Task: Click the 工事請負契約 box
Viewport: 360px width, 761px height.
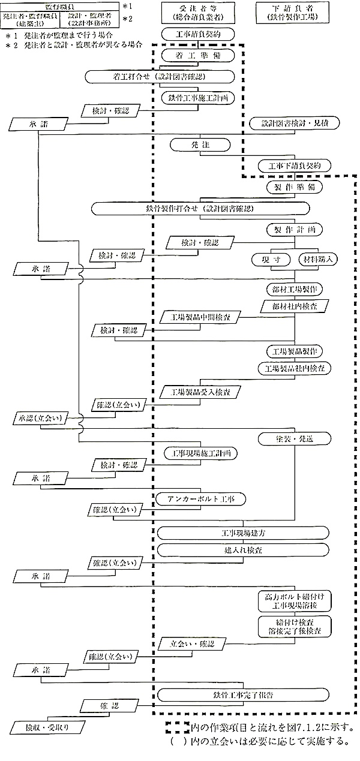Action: pos(197,35)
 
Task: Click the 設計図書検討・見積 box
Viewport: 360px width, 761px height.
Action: pos(295,123)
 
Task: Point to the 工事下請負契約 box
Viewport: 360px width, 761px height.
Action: pos(294,165)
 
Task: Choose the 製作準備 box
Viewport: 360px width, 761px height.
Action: pos(295,187)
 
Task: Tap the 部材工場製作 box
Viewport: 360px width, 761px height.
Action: pos(295,288)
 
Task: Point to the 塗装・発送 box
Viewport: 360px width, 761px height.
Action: pos(294,438)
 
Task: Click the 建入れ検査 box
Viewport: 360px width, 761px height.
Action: pos(243,549)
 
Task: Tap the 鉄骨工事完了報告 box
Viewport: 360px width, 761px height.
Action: pos(244,695)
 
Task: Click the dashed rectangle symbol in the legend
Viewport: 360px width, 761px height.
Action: pos(176,727)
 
